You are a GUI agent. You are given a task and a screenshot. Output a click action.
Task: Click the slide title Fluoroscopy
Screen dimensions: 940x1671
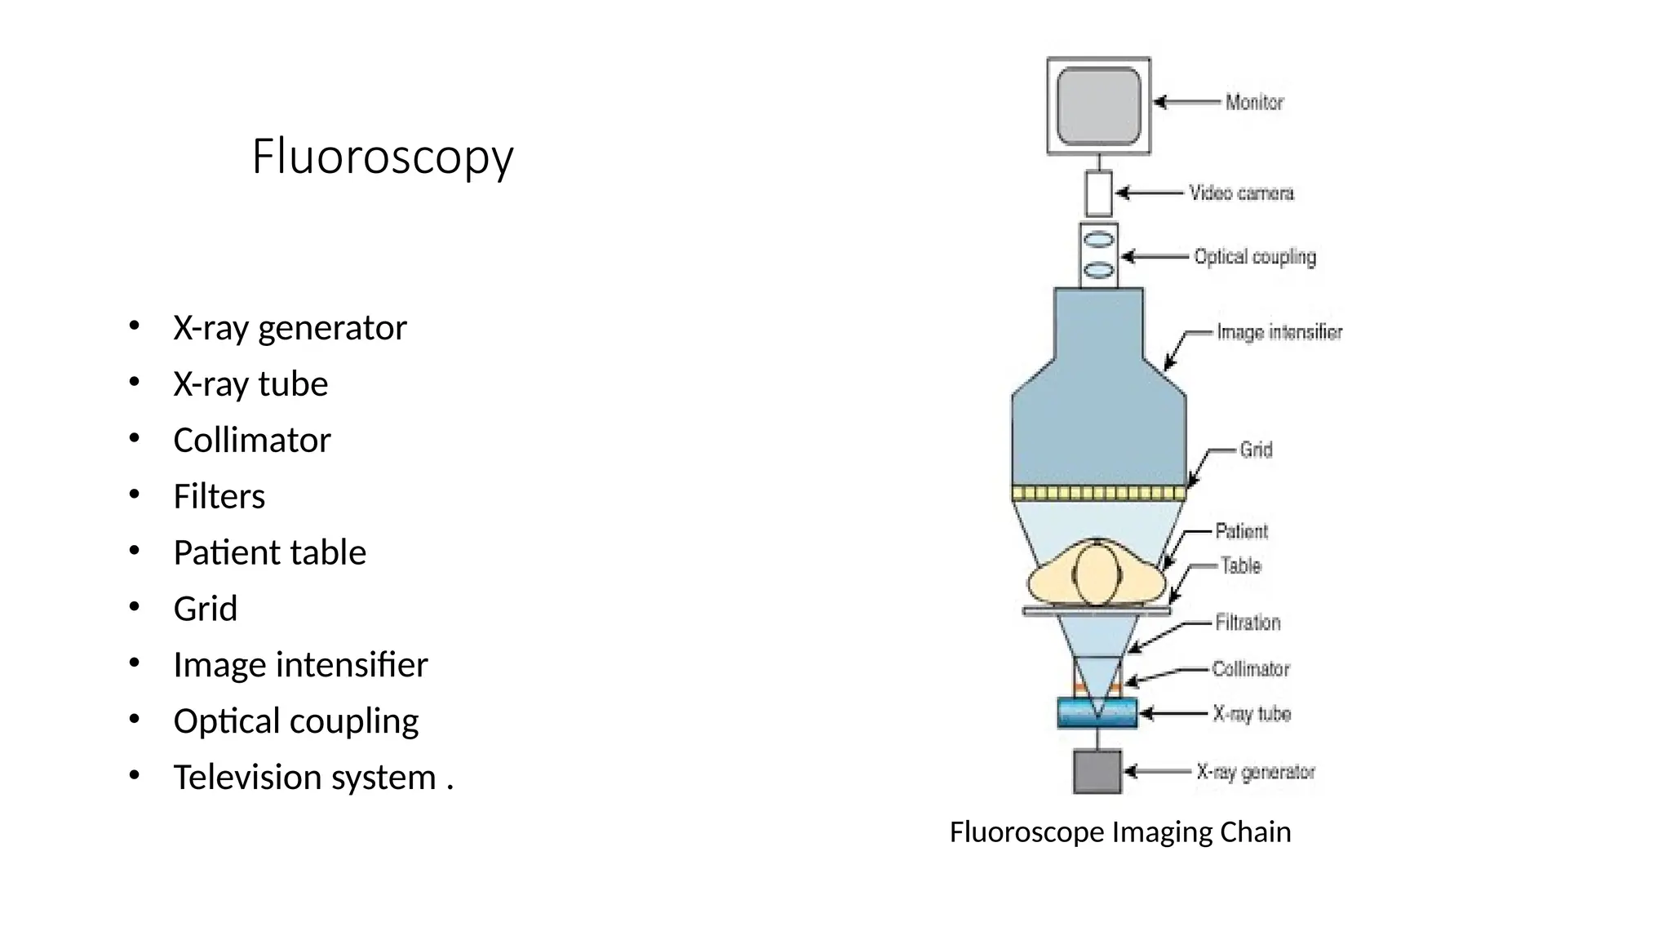[383, 157]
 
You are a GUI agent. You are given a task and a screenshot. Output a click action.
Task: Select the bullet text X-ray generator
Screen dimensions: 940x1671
[290, 328]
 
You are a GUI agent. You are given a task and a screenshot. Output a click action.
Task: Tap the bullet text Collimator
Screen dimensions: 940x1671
[252, 441]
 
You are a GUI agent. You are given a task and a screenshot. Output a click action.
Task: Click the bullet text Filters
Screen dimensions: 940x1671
[219, 497]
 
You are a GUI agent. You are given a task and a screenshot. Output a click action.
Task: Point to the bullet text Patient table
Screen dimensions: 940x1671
[269, 553]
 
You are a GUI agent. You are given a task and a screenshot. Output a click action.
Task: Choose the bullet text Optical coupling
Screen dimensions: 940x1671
[295, 721]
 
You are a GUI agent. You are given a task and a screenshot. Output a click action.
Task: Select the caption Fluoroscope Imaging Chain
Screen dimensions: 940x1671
[1120, 832]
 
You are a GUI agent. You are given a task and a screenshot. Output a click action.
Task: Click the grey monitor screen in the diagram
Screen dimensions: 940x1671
[1098, 106]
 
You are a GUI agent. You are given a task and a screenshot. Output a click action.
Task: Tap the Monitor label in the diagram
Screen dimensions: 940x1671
[1254, 103]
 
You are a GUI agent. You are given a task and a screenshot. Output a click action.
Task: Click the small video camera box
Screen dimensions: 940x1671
[1098, 193]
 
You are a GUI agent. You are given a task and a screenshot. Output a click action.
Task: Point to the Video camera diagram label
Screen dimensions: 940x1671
[1241, 193]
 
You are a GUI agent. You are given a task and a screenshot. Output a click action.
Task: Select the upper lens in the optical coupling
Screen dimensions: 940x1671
[1098, 240]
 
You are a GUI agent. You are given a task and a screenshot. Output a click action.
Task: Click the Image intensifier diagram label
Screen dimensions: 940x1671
[1279, 332]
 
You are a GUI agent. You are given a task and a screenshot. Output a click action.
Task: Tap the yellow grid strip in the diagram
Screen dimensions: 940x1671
[1098, 493]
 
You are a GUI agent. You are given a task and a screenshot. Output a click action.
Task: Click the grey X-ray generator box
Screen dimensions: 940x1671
[1097, 772]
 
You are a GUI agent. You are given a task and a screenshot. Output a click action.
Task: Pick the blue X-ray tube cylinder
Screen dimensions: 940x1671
[1097, 713]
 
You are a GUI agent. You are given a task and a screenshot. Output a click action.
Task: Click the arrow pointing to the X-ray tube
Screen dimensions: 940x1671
[1172, 714]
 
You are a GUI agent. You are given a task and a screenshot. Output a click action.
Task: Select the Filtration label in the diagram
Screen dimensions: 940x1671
[1248, 623]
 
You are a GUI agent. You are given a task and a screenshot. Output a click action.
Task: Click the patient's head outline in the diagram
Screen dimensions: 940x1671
[1096, 574]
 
